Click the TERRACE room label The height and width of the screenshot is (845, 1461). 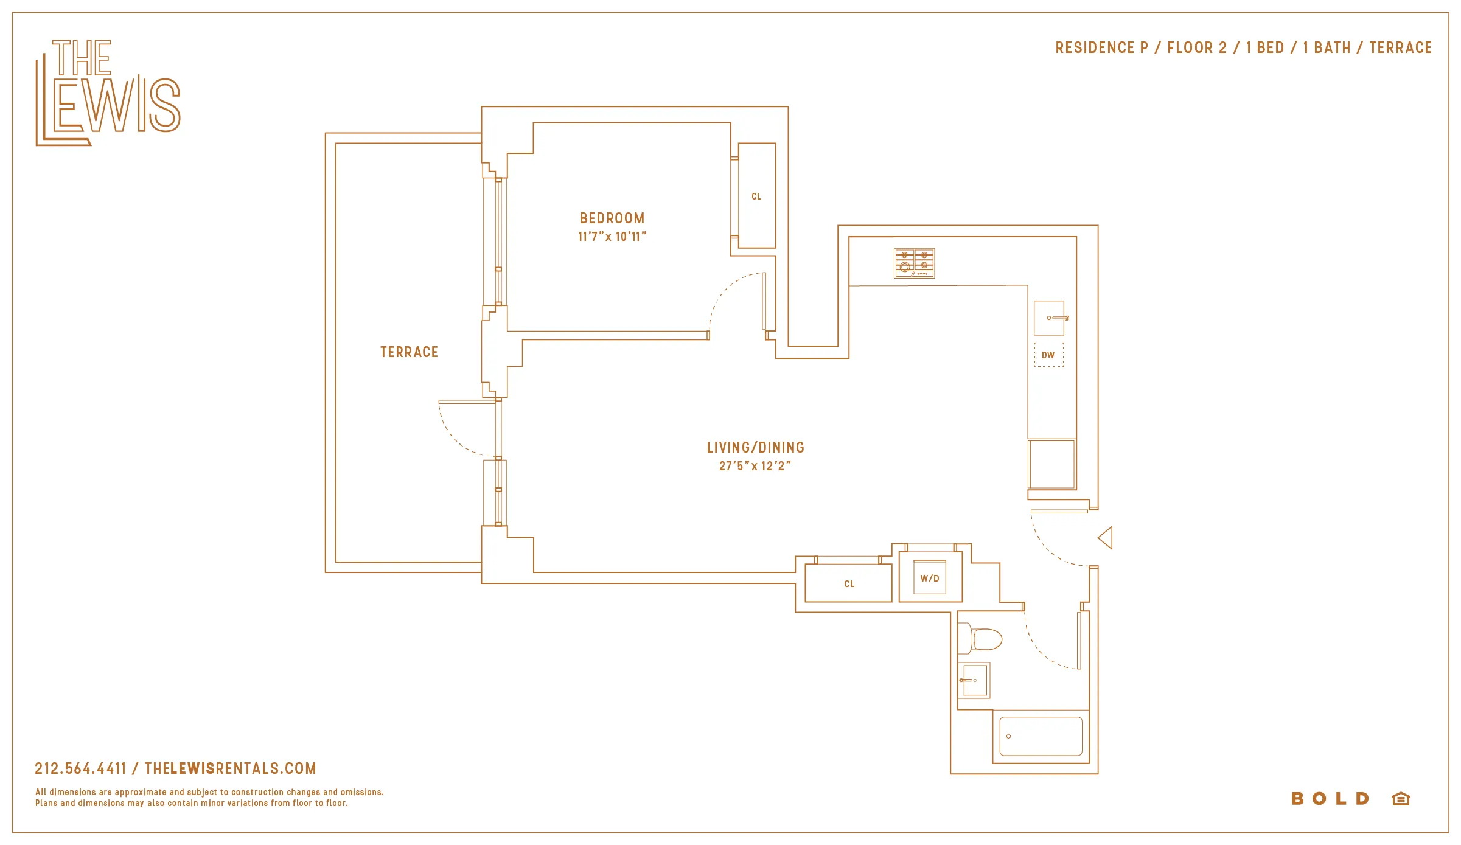point(409,352)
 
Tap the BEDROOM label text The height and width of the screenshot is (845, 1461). point(612,218)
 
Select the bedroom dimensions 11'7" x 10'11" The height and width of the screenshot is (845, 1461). point(612,237)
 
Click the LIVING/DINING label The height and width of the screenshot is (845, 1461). point(755,448)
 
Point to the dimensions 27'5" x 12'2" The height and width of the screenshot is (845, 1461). point(755,466)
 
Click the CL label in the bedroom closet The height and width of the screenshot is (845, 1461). point(756,196)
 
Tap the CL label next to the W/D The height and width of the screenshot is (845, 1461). point(849,584)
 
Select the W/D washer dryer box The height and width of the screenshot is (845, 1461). point(930,578)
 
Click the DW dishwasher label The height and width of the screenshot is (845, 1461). point(1048,355)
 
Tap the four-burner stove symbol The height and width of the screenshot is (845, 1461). point(914,263)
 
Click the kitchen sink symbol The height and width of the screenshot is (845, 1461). point(1049,318)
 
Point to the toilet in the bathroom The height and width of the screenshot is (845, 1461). point(980,639)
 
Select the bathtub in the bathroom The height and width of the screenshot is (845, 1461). point(1041,737)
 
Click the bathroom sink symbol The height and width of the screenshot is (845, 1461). point(974,680)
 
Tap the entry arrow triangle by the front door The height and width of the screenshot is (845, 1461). point(1106,538)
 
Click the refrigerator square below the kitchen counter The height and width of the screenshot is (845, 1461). point(1051,464)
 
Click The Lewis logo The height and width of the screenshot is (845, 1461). point(108,92)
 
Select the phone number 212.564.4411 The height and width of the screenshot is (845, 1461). point(80,768)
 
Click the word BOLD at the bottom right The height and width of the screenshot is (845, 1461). point(1330,799)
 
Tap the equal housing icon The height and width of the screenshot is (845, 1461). point(1401,799)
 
